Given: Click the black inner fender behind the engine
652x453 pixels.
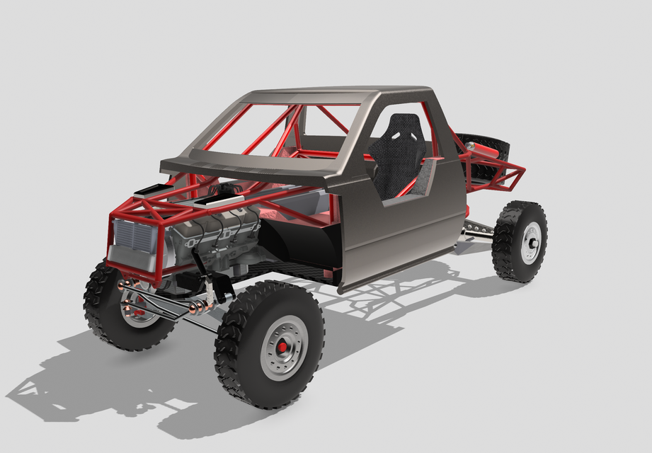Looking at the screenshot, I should [x=297, y=244].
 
